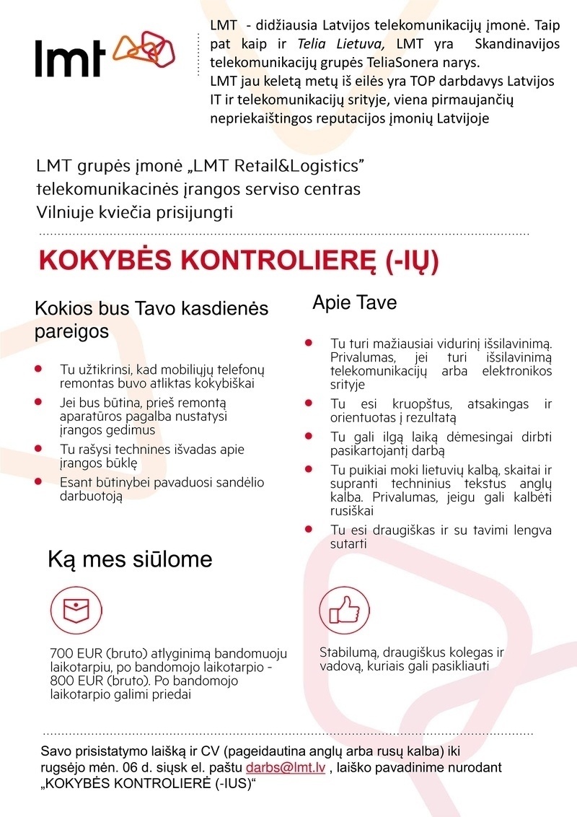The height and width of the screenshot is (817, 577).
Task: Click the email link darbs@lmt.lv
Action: pyautogui.click(x=286, y=768)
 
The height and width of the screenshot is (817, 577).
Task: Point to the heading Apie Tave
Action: pyautogui.click(x=354, y=302)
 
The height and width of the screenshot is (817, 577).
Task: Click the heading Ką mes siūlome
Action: pyautogui.click(x=130, y=559)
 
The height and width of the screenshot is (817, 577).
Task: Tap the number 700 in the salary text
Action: pyautogui.click(x=61, y=653)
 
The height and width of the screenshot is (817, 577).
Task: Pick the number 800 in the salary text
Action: pyautogui.click(x=61, y=681)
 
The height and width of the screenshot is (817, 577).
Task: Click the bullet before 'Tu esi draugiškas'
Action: pyautogui.click(x=309, y=530)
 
